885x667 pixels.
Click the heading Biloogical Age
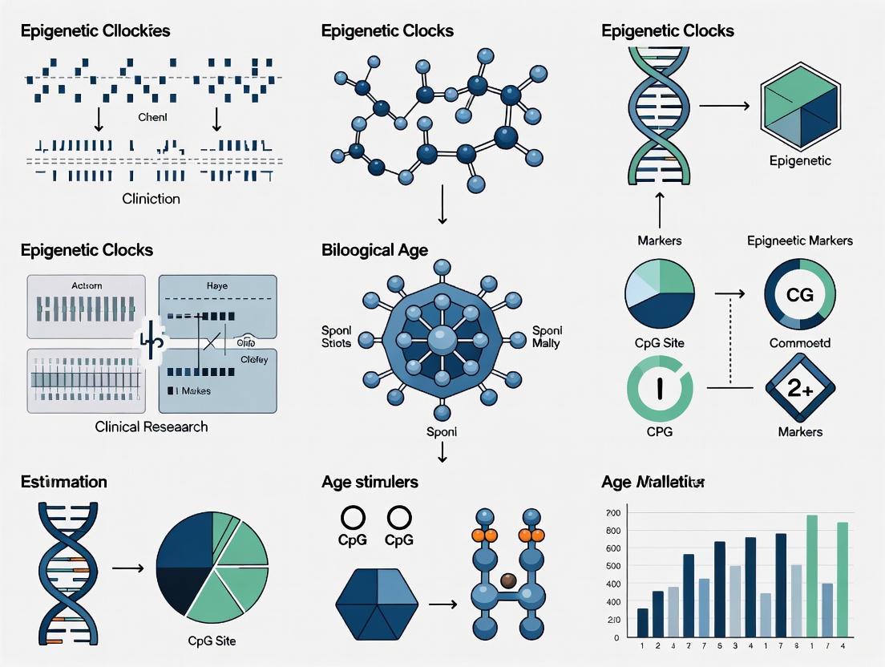[x=374, y=250]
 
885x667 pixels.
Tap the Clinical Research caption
[x=152, y=426]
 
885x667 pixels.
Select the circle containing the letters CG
[x=799, y=295]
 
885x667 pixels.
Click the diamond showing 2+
[x=799, y=388]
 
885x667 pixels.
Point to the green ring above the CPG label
[x=659, y=388]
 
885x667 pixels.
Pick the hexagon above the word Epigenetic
[x=799, y=107]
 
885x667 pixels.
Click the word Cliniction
[x=152, y=198]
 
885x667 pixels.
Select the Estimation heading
[x=64, y=482]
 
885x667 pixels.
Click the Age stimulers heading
[x=370, y=482]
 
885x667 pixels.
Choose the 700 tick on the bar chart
[x=613, y=513]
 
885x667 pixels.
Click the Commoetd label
[x=799, y=343]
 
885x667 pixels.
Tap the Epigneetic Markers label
[x=799, y=241]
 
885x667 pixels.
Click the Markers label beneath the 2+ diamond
[x=799, y=432]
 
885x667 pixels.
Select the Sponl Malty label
[x=546, y=337]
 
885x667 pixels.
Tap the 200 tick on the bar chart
[x=613, y=620]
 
